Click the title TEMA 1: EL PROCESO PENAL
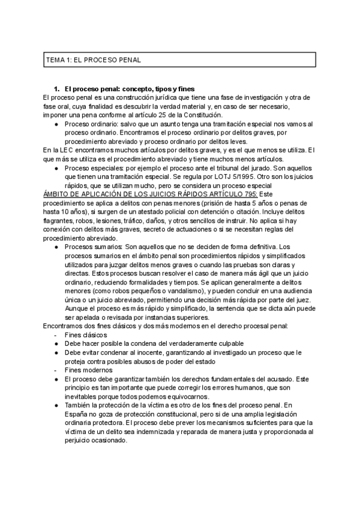pos(93,60)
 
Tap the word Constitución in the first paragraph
pos(200,115)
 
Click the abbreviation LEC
pos(70,149)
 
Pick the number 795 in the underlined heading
pos(249,194)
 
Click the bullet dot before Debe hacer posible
pos(56,343)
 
